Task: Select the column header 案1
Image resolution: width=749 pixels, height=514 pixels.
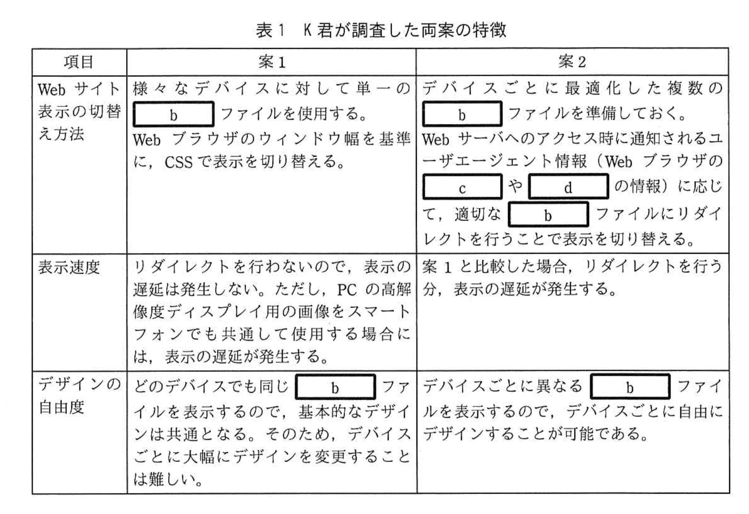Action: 272,62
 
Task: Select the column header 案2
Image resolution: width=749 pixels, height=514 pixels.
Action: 572,62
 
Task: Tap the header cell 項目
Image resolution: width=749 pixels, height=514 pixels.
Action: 79,62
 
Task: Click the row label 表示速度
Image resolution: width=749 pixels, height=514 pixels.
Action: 69,267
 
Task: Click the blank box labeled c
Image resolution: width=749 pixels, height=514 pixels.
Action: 462,187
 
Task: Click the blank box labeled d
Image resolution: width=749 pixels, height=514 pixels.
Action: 568,187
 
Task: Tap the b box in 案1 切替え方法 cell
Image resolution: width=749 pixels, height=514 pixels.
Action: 173,114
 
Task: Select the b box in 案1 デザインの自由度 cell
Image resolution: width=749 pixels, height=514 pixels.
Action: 335,387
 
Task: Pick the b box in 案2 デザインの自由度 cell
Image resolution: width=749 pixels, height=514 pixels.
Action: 630,387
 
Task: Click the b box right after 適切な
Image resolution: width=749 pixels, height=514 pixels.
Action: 548,215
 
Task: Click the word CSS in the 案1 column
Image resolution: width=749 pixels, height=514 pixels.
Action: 178,162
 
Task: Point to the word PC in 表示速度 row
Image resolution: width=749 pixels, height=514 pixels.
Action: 347,290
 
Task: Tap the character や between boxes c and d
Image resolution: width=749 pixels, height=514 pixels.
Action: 515,186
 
